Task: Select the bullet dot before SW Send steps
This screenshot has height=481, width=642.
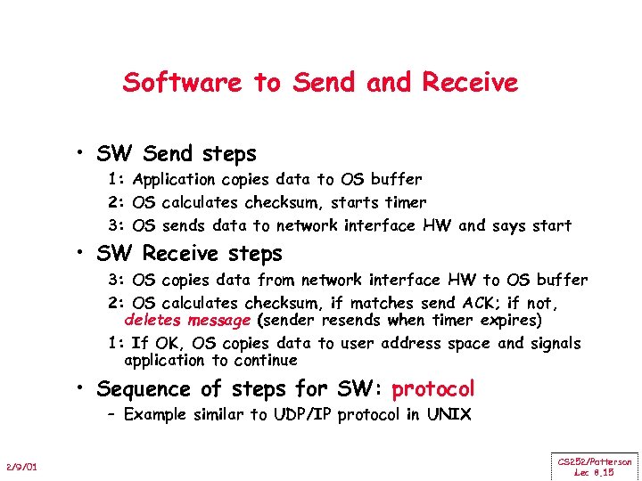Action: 81,155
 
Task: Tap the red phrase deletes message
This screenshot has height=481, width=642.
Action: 187,320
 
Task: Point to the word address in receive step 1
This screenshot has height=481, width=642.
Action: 416,344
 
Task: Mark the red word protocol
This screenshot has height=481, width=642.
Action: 433,389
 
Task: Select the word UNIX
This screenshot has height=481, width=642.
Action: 449,414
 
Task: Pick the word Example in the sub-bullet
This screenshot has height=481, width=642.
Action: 156,414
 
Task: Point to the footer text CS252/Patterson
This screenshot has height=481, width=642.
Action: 595,461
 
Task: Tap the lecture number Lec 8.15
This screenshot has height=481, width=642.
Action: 595,472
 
